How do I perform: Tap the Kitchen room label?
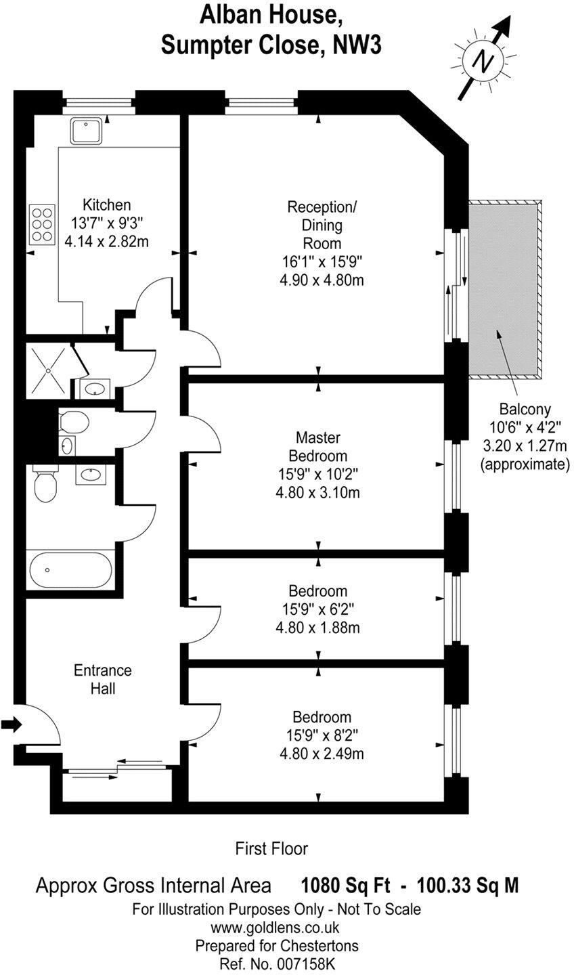coord(107,204)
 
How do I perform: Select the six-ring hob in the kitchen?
coord(42,224)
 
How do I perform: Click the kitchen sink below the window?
coord(87,131)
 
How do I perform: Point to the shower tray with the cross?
coord(48,370)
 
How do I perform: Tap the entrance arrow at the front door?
coord(12,724)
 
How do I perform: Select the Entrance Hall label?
coord(103,679)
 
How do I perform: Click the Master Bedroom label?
coord(318,447)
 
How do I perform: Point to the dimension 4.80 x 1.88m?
coord(318,628)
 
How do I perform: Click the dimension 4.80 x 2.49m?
coord(322,754)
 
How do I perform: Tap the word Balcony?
coord(525,410)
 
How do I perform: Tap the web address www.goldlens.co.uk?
coord(275,928)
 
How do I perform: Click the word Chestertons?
coord(319,945)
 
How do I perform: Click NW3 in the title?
coord(357,45)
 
